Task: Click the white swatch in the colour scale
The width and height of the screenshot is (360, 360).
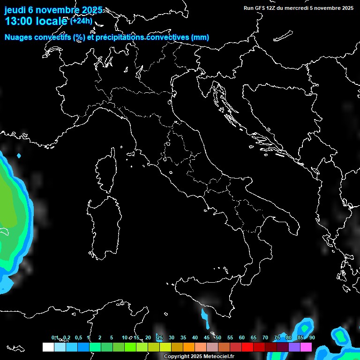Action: click(x=48, y=347)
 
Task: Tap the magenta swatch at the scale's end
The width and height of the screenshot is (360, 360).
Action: click(x=306, y=347)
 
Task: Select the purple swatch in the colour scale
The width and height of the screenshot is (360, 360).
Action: click(x=294, y=347)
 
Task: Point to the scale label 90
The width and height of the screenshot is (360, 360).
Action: click(x=312, y=337)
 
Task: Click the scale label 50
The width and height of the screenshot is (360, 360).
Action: click(x=218, y=337)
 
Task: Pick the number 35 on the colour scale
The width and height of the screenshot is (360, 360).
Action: click(x=183, y=337)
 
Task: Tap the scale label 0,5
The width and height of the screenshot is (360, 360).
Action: click(x=78, y=337)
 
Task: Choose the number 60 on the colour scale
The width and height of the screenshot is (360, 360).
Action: click(x=242, y=337)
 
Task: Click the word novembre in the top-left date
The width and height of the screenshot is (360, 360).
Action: click(x=57, y=10)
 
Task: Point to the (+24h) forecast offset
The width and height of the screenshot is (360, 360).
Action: click(x=81, y=21)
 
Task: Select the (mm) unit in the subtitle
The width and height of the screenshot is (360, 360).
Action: click(x=200, y=37)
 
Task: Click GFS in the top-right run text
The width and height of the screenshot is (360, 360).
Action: click(x=259, y=8)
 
